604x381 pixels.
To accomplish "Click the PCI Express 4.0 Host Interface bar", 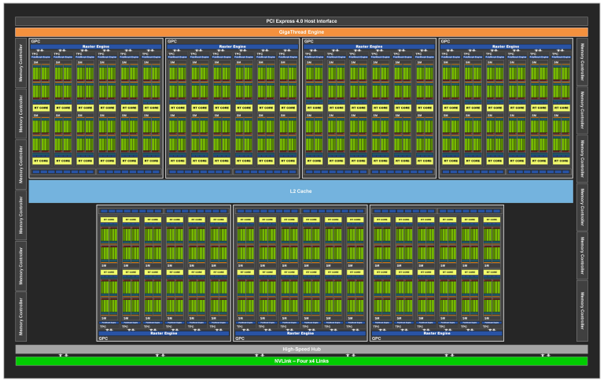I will click(301, 21).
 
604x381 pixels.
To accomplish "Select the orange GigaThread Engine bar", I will click(301, 31).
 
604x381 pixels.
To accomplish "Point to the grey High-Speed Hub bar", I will click(301, 349).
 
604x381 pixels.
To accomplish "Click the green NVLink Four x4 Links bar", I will click(301, 361).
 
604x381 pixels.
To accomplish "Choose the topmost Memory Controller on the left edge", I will click(20, 62).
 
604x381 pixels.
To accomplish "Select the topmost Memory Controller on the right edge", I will click(582, 62).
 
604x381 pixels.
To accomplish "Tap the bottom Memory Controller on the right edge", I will click(582, 316).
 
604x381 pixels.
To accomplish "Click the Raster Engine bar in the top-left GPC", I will click(96, 46).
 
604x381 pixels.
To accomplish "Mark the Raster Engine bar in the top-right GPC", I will click(506, 46).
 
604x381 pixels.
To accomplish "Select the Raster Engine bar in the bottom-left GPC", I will click(164, 332).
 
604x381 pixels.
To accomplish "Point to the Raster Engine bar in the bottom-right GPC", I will click(436, 332).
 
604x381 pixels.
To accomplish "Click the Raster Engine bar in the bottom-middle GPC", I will click(300, 332).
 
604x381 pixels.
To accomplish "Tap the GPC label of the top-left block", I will click(35, 41).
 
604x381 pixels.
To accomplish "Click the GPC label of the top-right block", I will click(446, 41).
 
